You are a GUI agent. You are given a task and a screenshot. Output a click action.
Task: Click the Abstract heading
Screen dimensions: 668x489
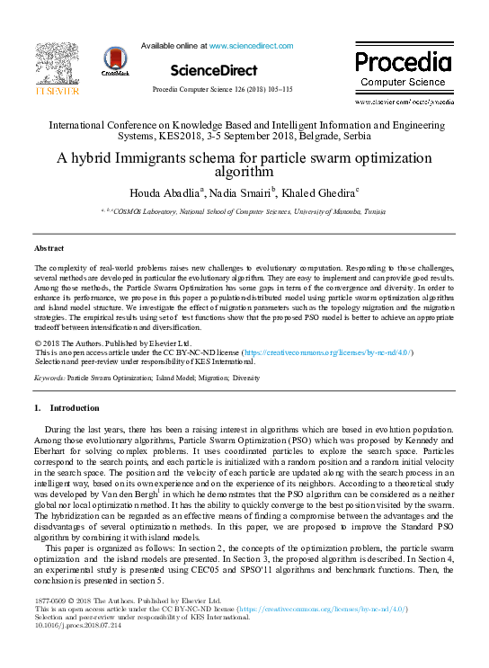tap(49, 247)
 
